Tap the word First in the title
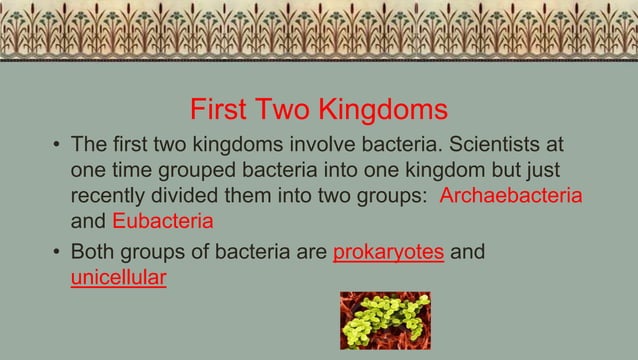click(224, 108)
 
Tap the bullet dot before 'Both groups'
click(56, 252)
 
